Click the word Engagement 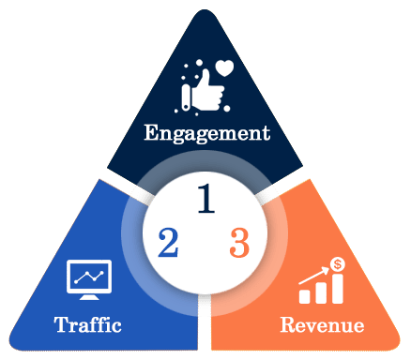[206, 132]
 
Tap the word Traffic [87, 327]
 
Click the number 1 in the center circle [209, 198]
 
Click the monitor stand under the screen [90, 297]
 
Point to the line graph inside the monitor [90, 277]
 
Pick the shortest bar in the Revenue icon [305, 296]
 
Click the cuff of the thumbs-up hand [190, 96]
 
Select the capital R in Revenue [288, 327]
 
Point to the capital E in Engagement [152, 132]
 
